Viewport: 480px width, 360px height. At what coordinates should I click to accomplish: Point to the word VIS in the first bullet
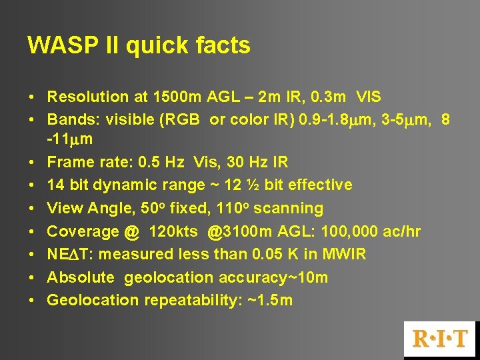[369, 97]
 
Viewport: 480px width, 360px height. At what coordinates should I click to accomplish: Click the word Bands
[67, 120]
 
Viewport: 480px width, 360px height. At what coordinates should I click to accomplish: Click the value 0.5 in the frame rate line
[151, 162]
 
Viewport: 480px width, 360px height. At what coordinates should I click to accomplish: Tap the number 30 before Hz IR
[235, 162]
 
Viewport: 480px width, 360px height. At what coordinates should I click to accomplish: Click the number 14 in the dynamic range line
[55, 185]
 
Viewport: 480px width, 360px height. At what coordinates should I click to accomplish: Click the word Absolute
[81, 277]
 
